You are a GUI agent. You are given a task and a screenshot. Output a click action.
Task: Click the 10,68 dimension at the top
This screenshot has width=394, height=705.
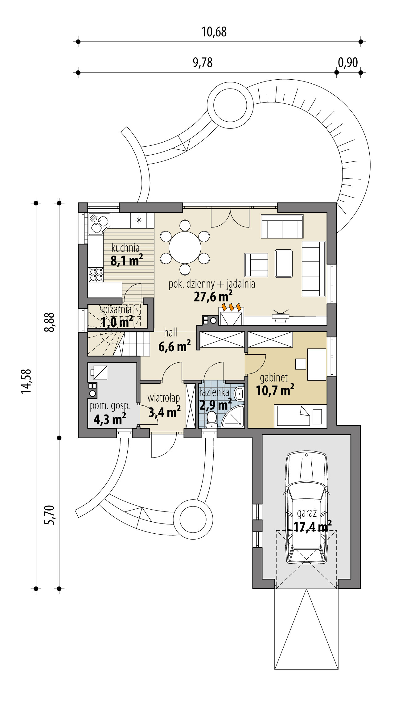point(214,32)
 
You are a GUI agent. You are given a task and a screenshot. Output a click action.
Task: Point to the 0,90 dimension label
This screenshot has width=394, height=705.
point(348,63)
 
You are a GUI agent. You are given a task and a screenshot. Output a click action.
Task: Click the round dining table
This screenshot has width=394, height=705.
point(185,247)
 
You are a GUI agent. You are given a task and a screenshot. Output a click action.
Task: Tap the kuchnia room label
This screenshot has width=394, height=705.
point(125,248)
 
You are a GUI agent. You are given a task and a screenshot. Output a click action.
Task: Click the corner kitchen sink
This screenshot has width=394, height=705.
point(99,223)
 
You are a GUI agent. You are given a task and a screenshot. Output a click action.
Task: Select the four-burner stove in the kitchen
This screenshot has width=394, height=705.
point(96,274)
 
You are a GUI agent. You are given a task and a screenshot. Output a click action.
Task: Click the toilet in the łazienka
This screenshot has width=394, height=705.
point(211,419)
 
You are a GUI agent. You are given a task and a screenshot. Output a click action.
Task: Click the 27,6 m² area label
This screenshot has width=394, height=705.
point(213,297)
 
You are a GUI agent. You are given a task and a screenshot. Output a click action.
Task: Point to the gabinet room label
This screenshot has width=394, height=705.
point(274,378)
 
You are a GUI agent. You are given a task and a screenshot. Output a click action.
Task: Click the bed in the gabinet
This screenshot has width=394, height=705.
point(293,416)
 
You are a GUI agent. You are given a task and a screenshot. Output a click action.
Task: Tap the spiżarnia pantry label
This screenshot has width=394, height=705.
point(115,309)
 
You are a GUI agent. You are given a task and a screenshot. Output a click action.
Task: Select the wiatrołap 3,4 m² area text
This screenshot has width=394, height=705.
point(164,412)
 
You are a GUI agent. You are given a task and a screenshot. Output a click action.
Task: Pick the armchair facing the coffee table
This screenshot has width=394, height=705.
point(256,265)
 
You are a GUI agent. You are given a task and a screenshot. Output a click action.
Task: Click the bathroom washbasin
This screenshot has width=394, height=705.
point(239,394)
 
